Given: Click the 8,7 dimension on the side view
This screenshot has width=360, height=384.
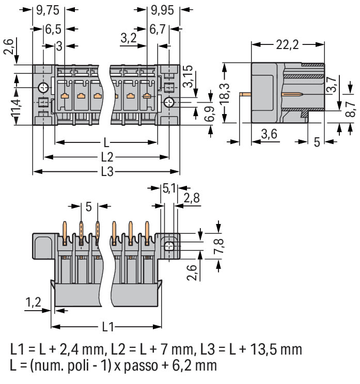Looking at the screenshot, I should [x=351, y=108].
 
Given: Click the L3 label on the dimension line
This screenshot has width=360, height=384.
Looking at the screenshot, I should [x=107, y=172].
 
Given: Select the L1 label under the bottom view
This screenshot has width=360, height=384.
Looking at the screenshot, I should [x=107, y=327].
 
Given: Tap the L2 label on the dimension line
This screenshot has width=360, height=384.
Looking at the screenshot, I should [x=107, y=156].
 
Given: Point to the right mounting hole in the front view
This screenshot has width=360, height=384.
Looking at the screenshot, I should [x=169, y=103].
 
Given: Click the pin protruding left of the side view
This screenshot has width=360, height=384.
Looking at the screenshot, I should [x=246, y=94].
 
